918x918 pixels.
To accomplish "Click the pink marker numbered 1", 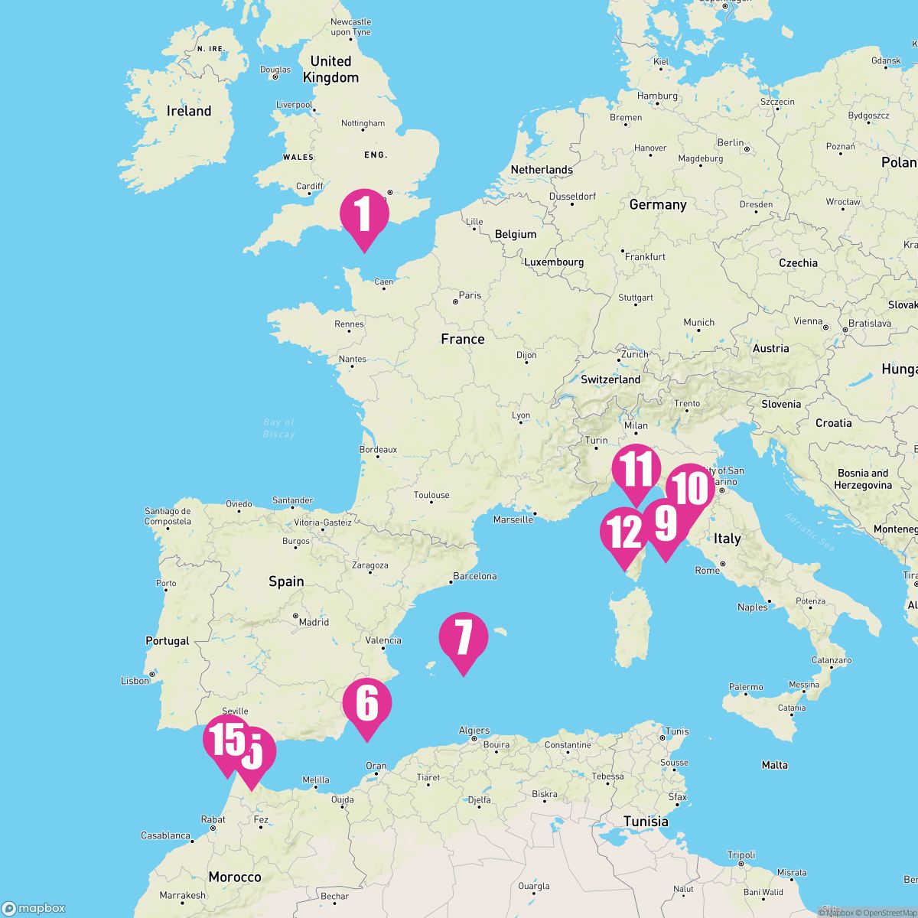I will tap(364, 213).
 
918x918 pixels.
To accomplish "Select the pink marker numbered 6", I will tap(367, 703).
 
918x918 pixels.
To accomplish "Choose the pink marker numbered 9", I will tap(665, 523).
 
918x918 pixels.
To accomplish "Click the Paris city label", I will tap(470, 295).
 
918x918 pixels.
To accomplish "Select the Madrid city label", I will tap(314, 622).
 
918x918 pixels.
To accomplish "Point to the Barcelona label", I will tap(475, 576).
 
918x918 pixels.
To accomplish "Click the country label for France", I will tap(463, 339).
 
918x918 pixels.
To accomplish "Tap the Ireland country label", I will tap(189, 111).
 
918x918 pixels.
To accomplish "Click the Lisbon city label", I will tap(135, 680).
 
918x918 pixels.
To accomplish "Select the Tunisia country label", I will tap(646, 822).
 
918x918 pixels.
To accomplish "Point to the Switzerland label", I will tap(610, 379).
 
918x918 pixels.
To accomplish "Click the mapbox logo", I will tap(34, 908).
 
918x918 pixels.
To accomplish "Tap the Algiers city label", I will tap(474, 731).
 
